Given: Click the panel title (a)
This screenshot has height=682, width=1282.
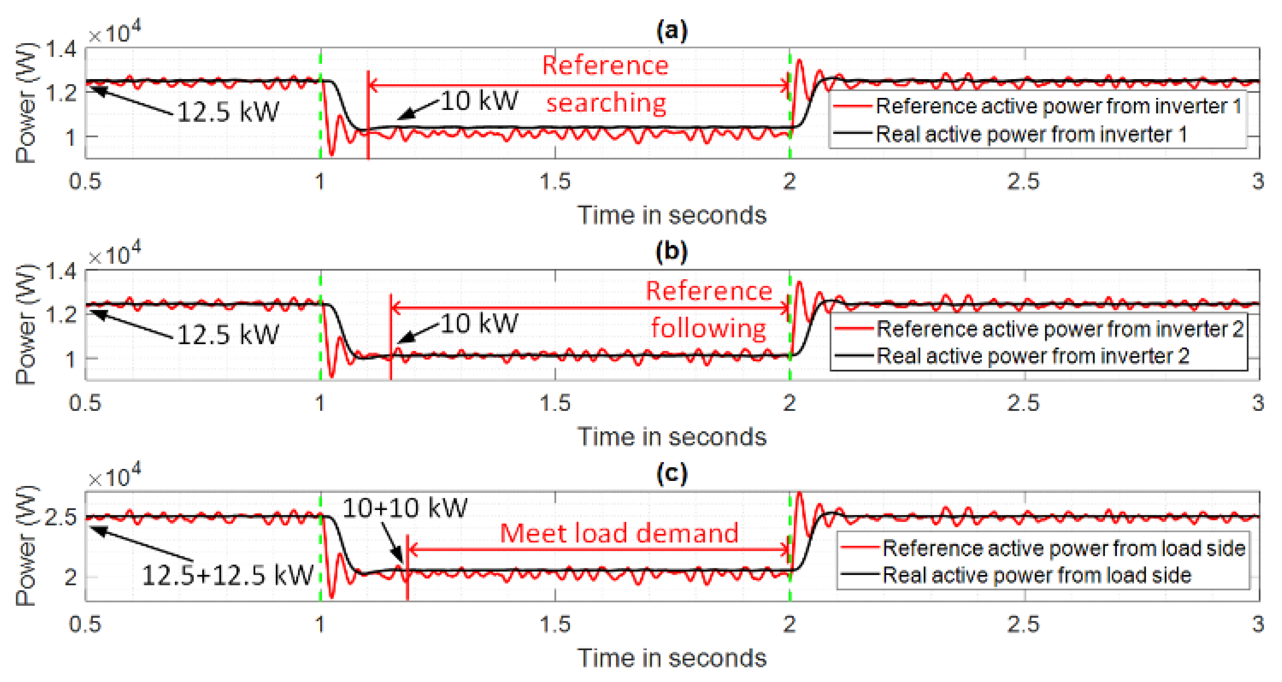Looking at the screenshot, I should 671,31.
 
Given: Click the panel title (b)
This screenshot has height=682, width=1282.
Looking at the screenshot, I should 671,252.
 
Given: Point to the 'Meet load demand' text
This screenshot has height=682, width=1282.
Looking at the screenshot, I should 619,533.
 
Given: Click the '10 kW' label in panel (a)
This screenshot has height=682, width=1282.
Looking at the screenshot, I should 479,101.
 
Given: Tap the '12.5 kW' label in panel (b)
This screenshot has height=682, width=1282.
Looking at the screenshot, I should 227,334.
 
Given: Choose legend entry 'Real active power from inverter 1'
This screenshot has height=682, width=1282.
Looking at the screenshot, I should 1031,134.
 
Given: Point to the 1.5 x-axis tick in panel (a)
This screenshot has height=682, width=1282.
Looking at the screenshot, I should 555,182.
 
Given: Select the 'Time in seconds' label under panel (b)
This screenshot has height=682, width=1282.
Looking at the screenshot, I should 671,437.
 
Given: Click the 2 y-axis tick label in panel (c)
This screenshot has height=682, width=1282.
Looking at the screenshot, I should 70,578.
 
